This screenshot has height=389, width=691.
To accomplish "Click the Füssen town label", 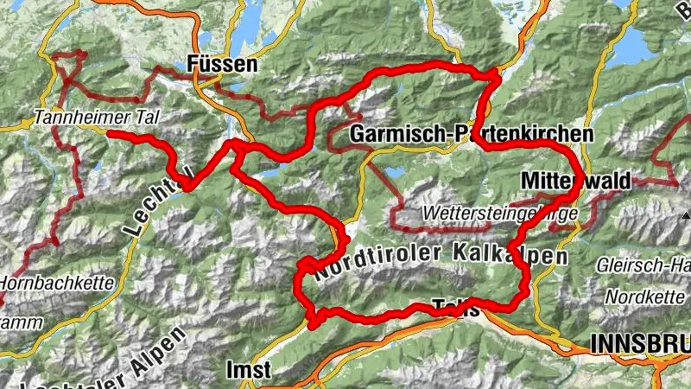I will (223, 66).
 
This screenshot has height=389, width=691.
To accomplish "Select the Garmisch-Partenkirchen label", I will (472, 136).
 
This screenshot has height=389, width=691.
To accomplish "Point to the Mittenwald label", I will (576, 180).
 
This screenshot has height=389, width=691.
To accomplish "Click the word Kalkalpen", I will (510, 257).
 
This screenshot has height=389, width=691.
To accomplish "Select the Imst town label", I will (248, 370).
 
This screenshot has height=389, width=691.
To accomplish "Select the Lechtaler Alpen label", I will (112, 363).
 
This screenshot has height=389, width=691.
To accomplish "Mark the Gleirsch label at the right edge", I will (643, 266).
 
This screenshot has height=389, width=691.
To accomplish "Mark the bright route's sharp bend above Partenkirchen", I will (495, 79).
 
